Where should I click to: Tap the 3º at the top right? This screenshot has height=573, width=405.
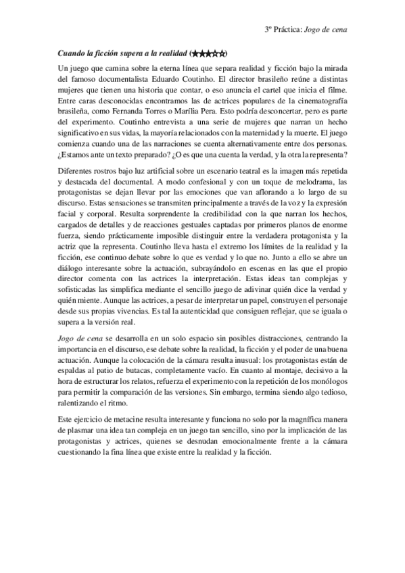pyautogui.click(x=268, y=30)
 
